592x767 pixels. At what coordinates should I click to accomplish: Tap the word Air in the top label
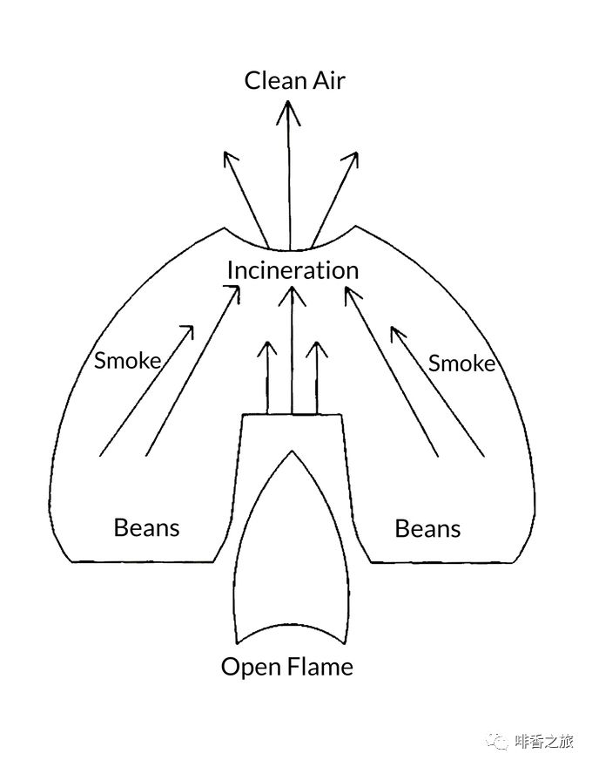pos(327,81)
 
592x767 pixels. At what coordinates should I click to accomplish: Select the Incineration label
pos(293,270)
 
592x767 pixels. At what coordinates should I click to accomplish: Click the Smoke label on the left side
pos(127,360)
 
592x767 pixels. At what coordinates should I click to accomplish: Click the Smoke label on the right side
pos(461,363)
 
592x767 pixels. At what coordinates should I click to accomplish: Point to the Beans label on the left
pos(146,527)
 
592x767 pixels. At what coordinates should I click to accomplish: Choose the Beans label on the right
pos(427,529)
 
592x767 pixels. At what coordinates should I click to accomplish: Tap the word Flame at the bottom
pos(320,668)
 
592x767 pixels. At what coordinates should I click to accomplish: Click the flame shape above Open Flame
pos(292,558)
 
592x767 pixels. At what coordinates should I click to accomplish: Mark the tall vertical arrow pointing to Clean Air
pos(289,174)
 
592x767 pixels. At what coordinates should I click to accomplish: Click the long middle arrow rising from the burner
pos(293,349)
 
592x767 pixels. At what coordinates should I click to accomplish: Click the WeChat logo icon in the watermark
pos(499,741)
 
